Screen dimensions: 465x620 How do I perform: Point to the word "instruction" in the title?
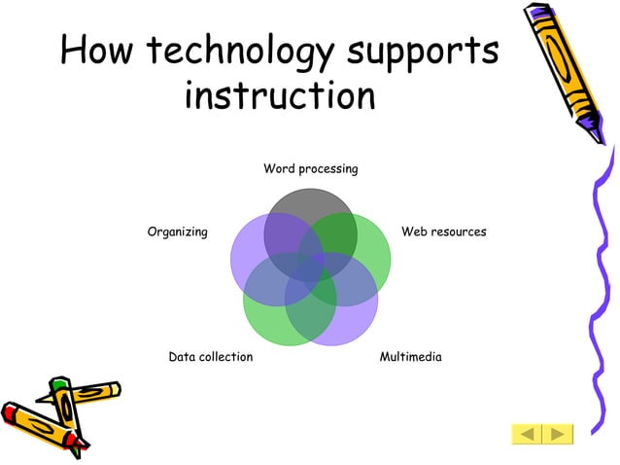(x=279, y=95)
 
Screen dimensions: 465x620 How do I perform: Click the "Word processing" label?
(x=310, y=169)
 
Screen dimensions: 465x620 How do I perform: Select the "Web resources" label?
(x=443, y=232)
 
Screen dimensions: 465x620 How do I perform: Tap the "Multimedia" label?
(x=410, y=357)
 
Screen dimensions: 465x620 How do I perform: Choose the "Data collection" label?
(x=210, y=357)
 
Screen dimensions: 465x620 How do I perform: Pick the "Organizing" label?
(x=177, y=232)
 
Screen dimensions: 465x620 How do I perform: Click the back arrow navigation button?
(x=528, y=433)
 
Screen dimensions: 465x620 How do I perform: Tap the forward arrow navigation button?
(x=559, y=433)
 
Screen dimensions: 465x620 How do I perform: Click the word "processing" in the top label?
(x=327, y=170)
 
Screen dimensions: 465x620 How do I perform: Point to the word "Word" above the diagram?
(x=279, y=169)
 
